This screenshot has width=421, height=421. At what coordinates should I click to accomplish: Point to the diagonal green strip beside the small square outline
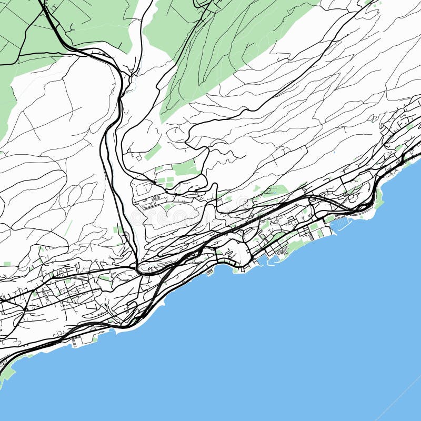click(x=153, y=152)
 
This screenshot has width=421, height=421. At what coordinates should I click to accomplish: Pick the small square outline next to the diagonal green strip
click(x=138, y=157)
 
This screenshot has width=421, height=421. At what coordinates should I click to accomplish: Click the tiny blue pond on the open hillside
click(x=334, y=153)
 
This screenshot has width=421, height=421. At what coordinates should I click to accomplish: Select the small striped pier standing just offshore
click(x=210, y=272)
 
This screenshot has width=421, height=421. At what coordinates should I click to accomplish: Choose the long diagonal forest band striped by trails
click(x=221, y=58)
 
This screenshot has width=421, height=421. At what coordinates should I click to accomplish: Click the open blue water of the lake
click(x=263, y=342)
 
